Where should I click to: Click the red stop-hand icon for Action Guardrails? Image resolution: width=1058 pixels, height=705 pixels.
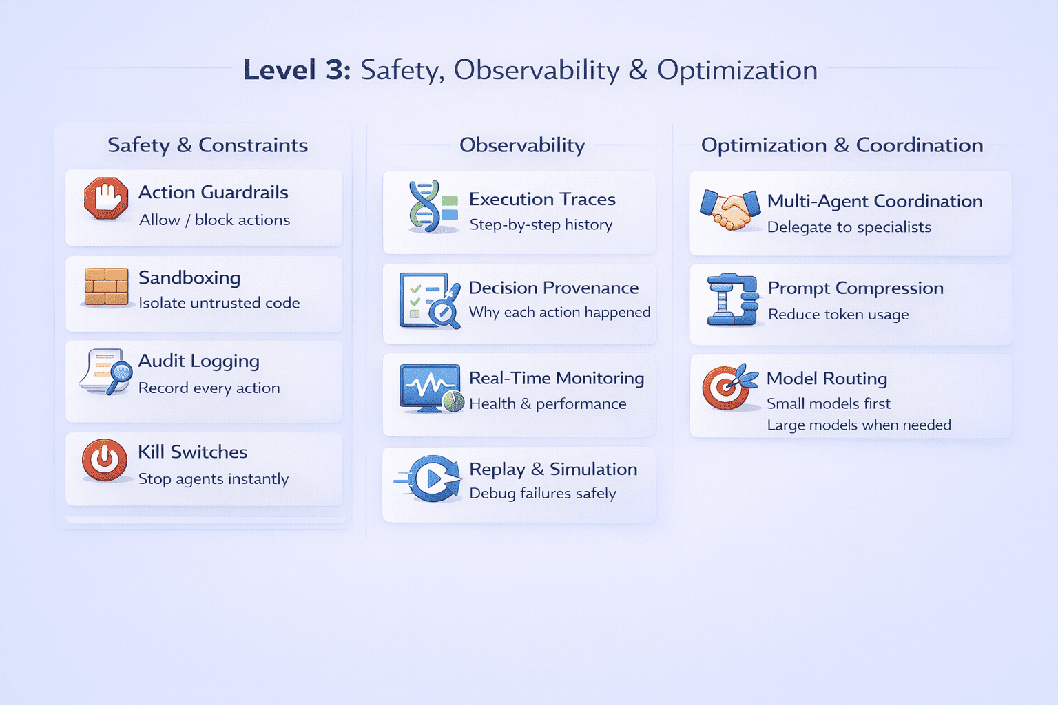(106, 198)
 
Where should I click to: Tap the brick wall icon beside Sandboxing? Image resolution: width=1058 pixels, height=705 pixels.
(106, 286)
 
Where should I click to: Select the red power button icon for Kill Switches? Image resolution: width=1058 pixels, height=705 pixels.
(105, 460)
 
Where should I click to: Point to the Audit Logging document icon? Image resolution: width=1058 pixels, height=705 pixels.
(105, 372)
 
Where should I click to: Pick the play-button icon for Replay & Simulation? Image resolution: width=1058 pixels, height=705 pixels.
(433, 478)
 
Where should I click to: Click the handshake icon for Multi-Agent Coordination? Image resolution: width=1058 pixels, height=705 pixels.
(729, 209)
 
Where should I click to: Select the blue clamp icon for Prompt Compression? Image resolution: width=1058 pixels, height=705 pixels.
(732, 299)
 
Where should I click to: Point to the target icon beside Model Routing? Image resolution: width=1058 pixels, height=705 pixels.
(728, 386)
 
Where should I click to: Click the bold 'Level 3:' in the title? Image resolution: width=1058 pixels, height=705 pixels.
(297, 70)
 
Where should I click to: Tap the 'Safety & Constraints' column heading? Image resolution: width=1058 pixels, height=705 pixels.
(207, 145)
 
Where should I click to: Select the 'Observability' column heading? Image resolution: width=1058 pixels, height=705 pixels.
(522, 145)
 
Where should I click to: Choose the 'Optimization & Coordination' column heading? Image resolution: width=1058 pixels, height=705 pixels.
(842, 145)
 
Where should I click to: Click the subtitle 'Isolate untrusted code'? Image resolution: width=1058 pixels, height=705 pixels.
(219, 303)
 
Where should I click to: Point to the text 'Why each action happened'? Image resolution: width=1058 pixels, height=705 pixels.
(559, 312)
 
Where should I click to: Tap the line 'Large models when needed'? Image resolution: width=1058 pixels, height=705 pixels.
(859, 425)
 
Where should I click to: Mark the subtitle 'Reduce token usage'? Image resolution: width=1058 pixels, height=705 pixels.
(838, 315)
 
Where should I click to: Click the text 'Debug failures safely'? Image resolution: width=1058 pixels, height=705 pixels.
(543, 493)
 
